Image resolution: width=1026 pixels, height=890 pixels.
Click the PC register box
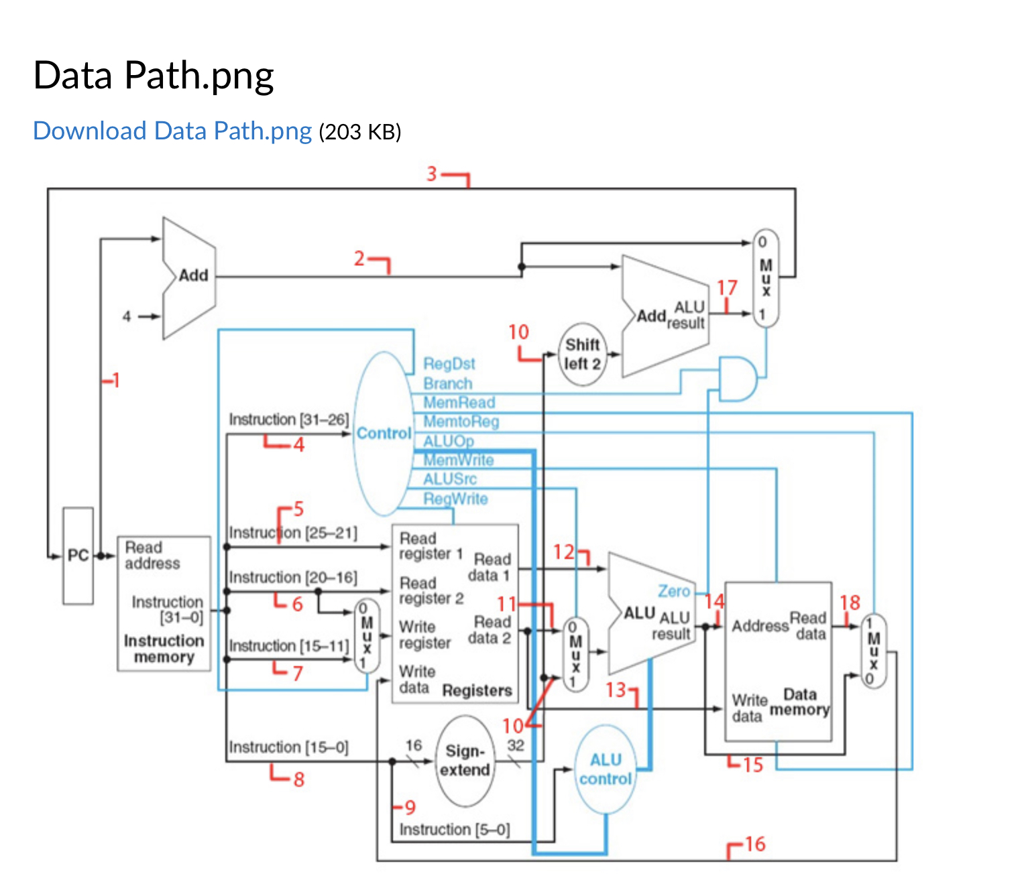[78, 556]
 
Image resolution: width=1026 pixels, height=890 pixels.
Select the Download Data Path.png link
[172, 131]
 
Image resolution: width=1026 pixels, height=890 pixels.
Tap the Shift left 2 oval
[581, 354]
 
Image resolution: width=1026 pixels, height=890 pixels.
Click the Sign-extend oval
[464, 760]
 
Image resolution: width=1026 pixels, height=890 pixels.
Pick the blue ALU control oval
[606, 769]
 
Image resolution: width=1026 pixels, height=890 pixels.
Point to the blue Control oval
[383, 433]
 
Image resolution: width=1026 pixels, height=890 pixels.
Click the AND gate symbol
[738, 379]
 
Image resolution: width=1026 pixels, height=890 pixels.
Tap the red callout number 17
[727, 288]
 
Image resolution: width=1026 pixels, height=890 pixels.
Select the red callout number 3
[431, 174]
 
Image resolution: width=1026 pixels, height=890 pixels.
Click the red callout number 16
[754, 844]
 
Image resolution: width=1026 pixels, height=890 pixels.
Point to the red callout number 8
[299, 779]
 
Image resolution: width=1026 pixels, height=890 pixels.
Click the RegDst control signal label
[449, 363]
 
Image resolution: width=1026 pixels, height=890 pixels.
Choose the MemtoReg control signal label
[461, 422]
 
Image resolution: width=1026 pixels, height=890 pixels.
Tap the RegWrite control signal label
[455, 499]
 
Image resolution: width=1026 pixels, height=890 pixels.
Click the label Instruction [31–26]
[289, 419]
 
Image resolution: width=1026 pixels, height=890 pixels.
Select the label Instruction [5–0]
[455, 830]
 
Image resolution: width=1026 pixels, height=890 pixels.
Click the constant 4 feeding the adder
[126, 316]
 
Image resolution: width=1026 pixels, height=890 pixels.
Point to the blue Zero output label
[673, 591]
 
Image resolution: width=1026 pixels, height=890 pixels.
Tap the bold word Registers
[477, 690]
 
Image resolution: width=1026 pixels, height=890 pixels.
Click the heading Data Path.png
[154, 75]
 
